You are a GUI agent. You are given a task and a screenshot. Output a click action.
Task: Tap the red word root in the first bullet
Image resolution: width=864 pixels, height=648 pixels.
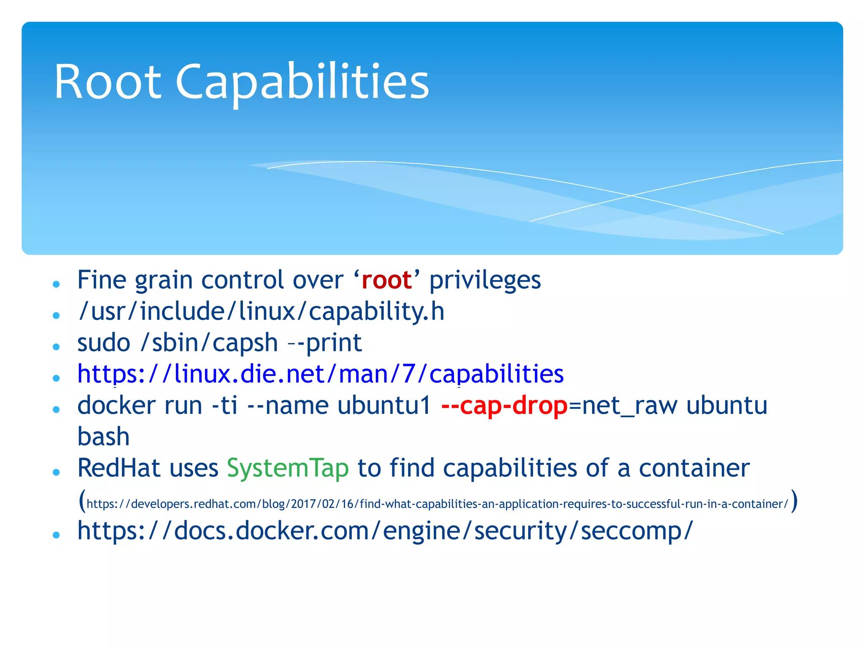[x=386, y=280]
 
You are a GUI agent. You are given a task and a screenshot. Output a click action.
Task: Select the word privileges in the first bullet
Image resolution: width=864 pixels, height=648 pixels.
[x=485, y=280]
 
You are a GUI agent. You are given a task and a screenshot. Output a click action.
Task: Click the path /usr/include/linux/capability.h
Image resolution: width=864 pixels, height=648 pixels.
[x=261, y=311]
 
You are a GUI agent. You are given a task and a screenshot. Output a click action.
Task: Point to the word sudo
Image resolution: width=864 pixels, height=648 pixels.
[x=104, y=343]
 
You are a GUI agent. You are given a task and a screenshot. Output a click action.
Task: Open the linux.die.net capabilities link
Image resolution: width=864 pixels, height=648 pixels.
[x=320, y=374]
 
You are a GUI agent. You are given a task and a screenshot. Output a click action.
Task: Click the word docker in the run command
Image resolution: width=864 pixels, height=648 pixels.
[x=116, y=405]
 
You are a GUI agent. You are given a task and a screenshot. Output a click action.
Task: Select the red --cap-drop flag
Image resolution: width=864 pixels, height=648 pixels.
[x=504, y=405]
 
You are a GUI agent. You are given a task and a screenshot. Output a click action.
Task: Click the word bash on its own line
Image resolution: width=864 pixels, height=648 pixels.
[x=103, y=437]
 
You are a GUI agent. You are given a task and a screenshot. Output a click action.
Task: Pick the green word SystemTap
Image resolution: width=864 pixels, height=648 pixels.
[x=288, y=468]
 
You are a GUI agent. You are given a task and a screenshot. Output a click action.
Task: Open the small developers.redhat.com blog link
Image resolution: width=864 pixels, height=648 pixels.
[x=437, y=504]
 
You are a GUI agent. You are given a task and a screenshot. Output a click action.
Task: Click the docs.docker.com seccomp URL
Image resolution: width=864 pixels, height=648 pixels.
[x=385, y=531]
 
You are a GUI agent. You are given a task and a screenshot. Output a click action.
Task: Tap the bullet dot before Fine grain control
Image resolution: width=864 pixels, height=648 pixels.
[x=56, y=284]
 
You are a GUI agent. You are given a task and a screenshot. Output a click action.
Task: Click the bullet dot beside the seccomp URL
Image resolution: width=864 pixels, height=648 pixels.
[x=56, y=535]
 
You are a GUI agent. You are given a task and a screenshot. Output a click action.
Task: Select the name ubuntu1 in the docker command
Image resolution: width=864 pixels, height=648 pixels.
[x=384, y=405]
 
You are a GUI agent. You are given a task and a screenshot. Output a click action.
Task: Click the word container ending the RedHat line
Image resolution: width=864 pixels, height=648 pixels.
[x=694, y=468]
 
